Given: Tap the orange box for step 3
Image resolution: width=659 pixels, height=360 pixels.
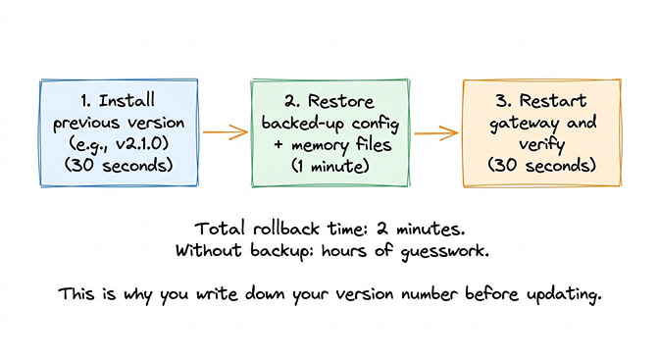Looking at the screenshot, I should (x=542, y=129).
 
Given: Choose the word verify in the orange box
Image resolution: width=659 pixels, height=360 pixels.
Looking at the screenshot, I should (x=542, y=145).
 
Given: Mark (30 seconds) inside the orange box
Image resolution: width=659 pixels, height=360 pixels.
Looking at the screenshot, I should (x=542, y=166).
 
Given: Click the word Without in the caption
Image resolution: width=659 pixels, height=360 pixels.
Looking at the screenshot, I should (x=208, y=250).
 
